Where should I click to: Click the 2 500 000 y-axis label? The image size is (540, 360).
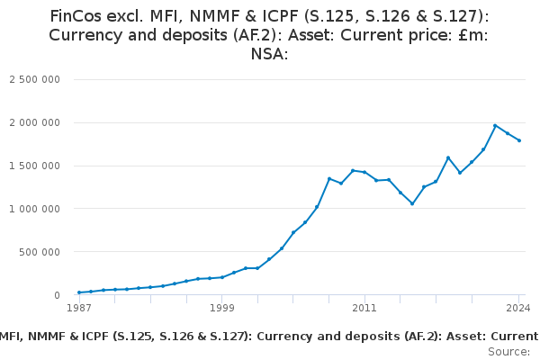click(35, 79)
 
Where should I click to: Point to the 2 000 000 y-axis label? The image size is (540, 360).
click(35, 122)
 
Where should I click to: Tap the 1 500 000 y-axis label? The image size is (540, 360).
click(35, 166)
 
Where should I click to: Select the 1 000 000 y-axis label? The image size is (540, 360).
click(35, 209)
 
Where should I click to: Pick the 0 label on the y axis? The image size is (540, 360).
click(56, 295)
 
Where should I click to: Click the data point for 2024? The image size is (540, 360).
click(519, 140)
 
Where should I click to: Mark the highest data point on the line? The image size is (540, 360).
click(495, 125)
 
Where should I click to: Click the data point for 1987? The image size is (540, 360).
click(79, 292)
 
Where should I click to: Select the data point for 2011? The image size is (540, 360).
click(364, 172)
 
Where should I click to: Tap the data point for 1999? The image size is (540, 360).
click(222, 277)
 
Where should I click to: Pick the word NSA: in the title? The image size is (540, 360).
click(270, 54)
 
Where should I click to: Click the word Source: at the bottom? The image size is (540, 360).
click(509, 352)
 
